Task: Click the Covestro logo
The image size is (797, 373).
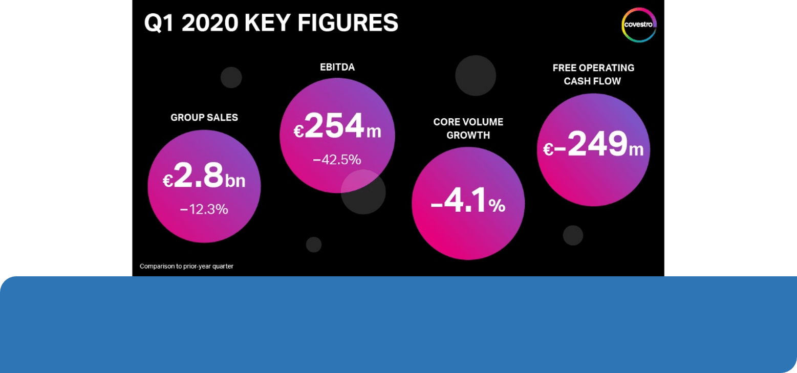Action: click(639, 25)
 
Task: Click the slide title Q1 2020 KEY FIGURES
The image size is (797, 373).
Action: click(271, 23)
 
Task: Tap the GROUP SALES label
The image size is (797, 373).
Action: click(204, 118)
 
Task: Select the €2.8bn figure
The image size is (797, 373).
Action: click(204, 177)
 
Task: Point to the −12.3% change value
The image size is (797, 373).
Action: click(204, 209)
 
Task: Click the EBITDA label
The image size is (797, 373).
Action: click(337, 67)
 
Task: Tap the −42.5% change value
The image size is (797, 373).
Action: click(337, 160)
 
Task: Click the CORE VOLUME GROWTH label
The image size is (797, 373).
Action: click(468, 128)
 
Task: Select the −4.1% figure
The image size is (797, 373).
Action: click(468, 203)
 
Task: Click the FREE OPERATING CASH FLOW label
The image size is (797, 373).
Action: click(593, 74)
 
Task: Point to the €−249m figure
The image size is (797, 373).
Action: click(593, 146)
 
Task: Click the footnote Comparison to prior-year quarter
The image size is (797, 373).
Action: click(186, 266)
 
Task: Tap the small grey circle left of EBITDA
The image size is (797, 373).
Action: click(231, 77)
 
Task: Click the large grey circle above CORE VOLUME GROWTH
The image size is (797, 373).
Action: click(476, 75)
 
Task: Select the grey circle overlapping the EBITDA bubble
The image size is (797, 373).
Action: click(364, 192)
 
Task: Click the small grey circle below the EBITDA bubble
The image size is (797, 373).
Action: click(314, 245)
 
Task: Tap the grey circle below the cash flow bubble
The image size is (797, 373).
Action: click(573, 235)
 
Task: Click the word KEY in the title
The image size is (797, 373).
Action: click(270, 23)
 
